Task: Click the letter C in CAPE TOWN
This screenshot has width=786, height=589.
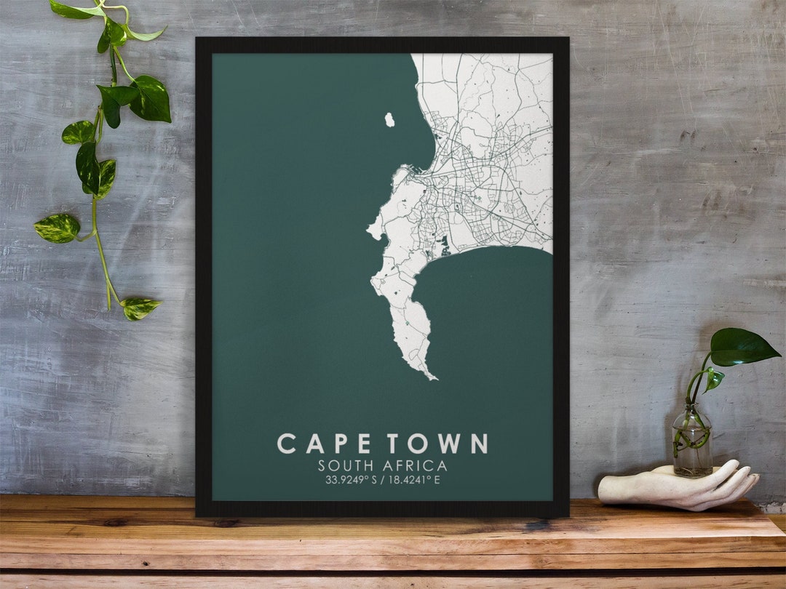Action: click(x=287, y=444)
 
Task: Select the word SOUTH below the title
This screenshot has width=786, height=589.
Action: click(x=343, y=465)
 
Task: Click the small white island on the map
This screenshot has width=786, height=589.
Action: click(x=389, y=119)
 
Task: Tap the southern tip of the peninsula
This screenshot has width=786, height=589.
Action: click(x=434, y=377)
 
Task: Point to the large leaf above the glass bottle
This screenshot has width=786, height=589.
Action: click(x=742, y=346)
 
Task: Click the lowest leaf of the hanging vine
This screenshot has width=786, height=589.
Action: click(x=139, y=308)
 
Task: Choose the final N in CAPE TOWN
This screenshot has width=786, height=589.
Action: click(x=478, y=444)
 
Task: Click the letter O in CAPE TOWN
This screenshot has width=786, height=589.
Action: click(x=418, y=444)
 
